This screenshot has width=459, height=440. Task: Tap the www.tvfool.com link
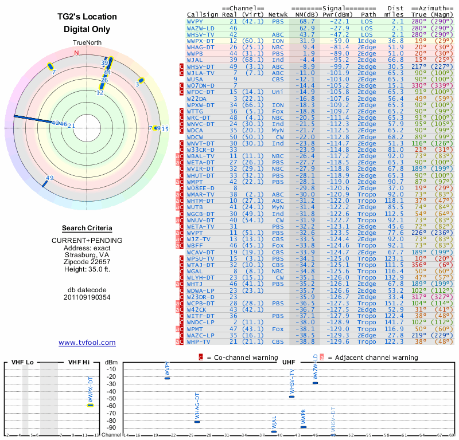[x=87, y=343]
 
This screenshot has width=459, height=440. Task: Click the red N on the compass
[x=76, y=53]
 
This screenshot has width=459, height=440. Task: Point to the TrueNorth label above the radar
[x=87, y=43]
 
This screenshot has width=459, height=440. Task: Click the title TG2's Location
[x=87, y=17]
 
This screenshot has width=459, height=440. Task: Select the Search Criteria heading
[x=87, y=228]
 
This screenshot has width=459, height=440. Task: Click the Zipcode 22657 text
[x=87, y=261]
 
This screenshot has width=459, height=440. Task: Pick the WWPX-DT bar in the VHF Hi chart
[x=90, y=405]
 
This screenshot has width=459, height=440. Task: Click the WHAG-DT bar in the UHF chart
[x=197, y=422]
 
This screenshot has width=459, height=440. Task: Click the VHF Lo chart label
[x=21, y=363]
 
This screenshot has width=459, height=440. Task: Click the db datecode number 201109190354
[x=87, y=297]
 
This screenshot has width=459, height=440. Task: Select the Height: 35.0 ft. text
[x=87, y=269]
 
